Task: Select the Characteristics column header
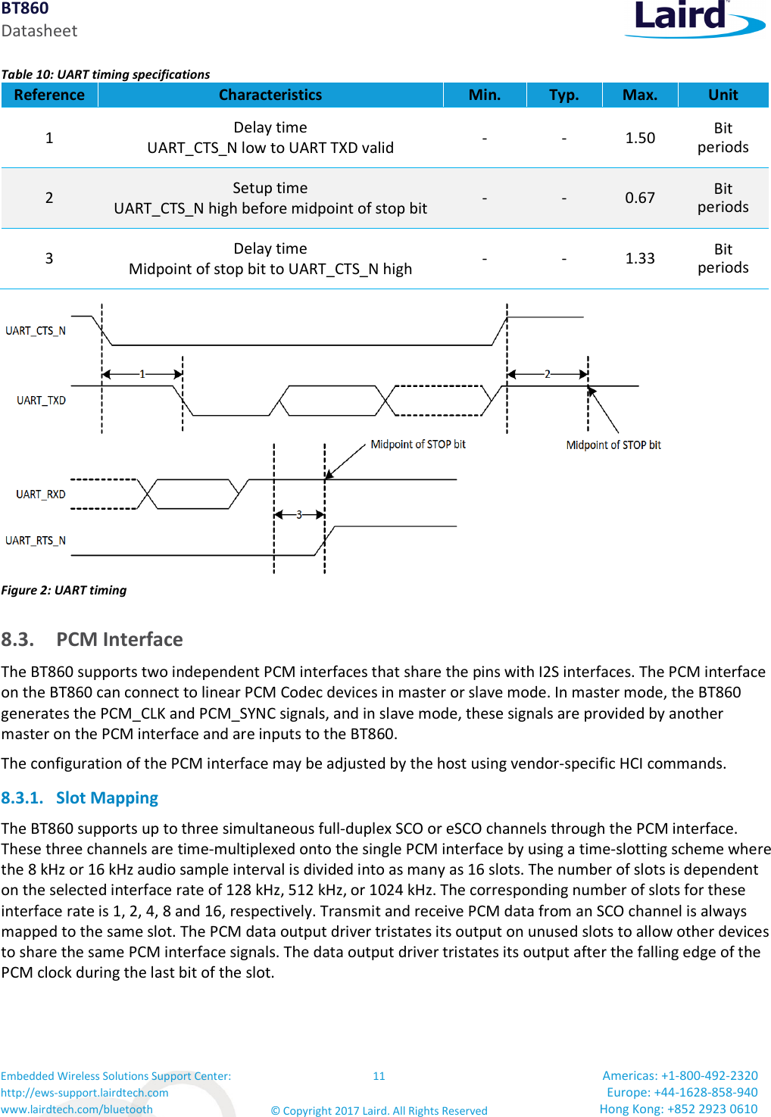[270, 95]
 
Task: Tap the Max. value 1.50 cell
[640, 138]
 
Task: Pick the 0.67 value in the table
[640, 198]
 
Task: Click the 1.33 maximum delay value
[640, 258]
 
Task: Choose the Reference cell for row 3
[49, 258]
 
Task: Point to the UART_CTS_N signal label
[36, 331]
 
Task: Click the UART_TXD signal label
[42, 401]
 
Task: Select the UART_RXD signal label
[41, 495]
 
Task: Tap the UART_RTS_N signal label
[36, 541]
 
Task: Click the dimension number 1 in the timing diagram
[142, 374]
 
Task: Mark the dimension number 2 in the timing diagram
[548, 374]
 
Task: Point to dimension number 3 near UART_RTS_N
[299, 515]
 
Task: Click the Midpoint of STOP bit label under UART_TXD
[613, 445]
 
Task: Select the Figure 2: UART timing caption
[64, 590]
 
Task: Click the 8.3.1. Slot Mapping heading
[80, 798]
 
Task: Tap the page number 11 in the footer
[379, 1076]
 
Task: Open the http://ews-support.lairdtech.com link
[85, 1093]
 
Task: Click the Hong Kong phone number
[678, 1109]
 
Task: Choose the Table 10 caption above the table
[106, 74]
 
